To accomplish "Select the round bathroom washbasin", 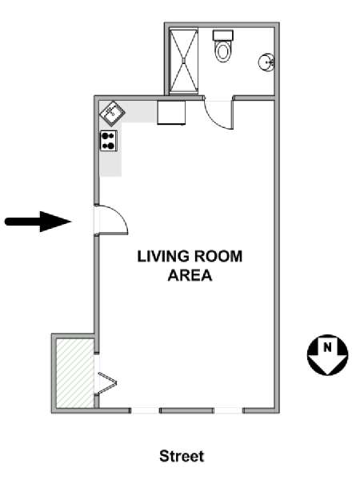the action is [x=266, y=62].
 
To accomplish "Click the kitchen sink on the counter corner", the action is [x=112, y=114].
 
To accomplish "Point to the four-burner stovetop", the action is [x=109, y=141].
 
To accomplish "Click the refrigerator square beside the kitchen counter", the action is [x=171, y=113].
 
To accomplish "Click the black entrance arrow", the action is [x=38, y=222].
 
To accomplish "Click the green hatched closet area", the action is [x=75, y=373].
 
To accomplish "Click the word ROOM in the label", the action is [x=218, y=256].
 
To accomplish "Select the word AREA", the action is [x=190, y=275].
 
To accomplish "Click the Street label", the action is [x=182, y=456].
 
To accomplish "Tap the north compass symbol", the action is [x=327, y=354].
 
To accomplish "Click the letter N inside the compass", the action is [x=327, y=347].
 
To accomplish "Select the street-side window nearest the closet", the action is [x=145, y=410].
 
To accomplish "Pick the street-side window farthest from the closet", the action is [x=228, y=410].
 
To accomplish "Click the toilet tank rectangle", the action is [x=223, y=35].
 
